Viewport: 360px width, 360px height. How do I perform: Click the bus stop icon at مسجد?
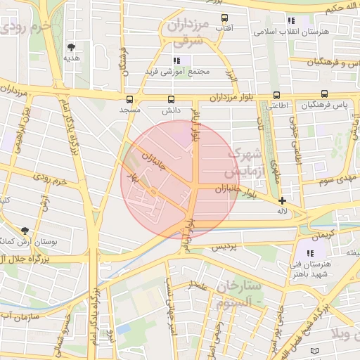coord(129,99)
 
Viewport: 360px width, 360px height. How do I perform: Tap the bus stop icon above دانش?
coord(172,99)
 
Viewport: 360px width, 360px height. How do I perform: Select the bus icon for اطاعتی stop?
coord(276,95)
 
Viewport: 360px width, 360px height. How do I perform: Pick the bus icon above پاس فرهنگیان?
coord(324,94)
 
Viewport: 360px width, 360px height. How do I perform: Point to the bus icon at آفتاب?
coord(224,18)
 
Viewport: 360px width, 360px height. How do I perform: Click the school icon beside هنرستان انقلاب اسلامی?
coord(291,20)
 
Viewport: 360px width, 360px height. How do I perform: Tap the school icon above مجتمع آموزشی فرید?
coord(177,60)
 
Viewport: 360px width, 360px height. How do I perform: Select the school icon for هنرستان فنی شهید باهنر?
coord(310,252)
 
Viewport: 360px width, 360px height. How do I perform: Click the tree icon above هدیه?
coord(71,48)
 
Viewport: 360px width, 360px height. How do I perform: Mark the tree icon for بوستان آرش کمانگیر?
coord(25,231)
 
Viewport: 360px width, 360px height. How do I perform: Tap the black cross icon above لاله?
coord(282,200)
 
